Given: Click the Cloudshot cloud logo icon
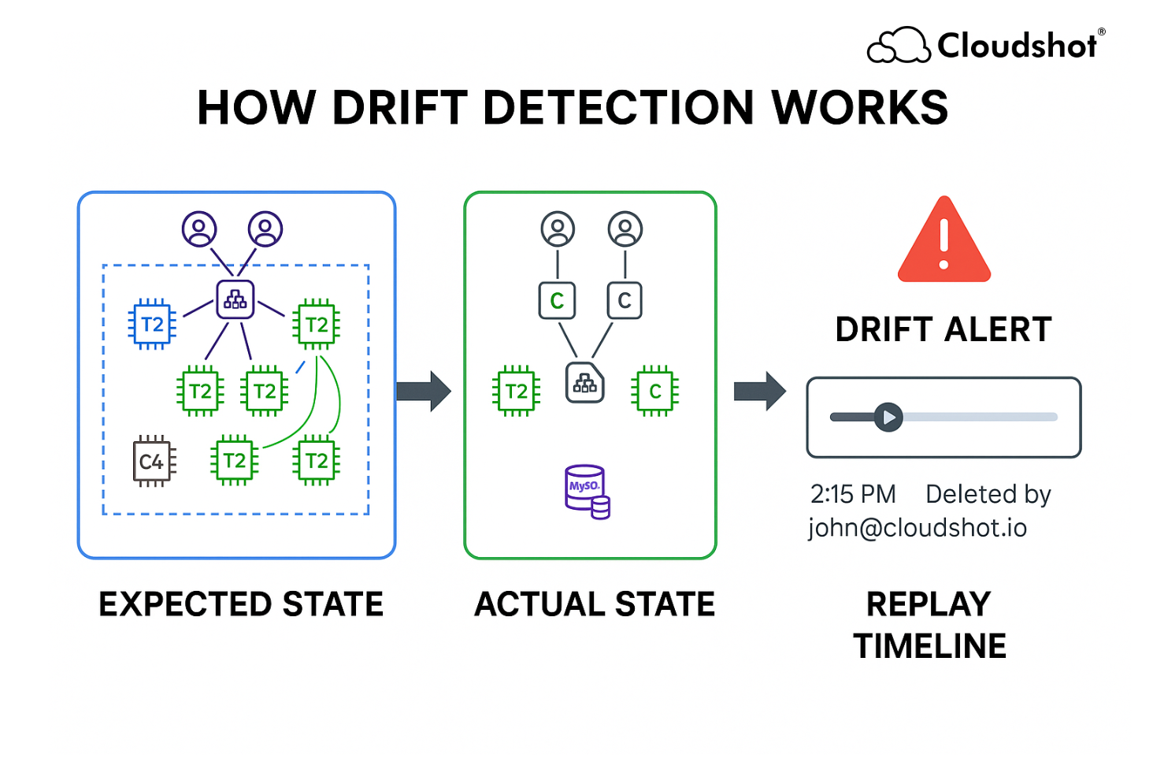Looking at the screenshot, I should pos(898,45).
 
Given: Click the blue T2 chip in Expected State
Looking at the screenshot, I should pos(152,324).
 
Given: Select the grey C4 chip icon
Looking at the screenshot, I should pos(153,461).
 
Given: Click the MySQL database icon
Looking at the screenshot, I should pos(587,491).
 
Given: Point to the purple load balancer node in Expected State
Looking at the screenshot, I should pos(235,299).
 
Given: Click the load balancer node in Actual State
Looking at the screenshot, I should pos(584,383).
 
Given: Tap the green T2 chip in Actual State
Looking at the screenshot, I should pos(516,391).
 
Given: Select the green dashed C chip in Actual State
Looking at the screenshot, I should pos(654,391).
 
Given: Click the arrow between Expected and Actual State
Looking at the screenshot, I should pos(423,391).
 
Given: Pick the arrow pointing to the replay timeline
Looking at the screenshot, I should pos(759,391).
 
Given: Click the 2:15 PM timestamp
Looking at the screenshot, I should pos(853,494).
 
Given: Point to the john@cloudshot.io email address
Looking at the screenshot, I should pos(917,527).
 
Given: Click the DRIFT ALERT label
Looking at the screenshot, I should pos(943,329).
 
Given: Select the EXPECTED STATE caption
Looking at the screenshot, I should pos(240,604).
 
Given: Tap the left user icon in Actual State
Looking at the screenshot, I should pos(558,229).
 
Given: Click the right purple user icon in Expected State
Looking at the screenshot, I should pos(265,229).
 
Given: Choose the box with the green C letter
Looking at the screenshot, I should pos(557,300).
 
